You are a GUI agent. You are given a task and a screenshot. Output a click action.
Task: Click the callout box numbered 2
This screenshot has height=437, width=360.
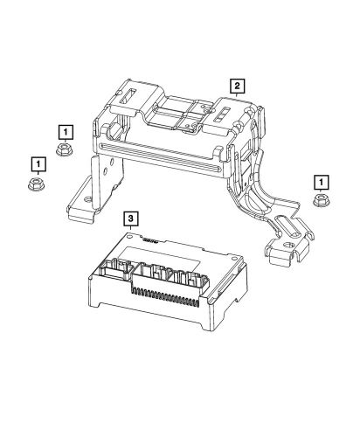click(236, 85)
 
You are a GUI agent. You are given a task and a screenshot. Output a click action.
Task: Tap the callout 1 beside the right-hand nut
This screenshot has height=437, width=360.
click(322, 181)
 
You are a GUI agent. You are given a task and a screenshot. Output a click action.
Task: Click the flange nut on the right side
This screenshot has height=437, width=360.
click(321, 203)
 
